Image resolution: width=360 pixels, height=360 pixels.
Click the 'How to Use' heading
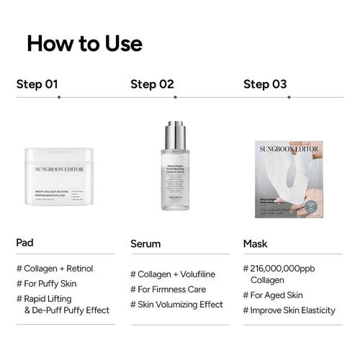[x=84, y=43]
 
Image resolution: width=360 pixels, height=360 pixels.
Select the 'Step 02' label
[x=152, y=84]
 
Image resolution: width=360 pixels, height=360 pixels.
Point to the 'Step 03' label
[x=265, y=84]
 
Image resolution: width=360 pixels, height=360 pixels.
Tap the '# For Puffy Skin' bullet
[x=50, y=283]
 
